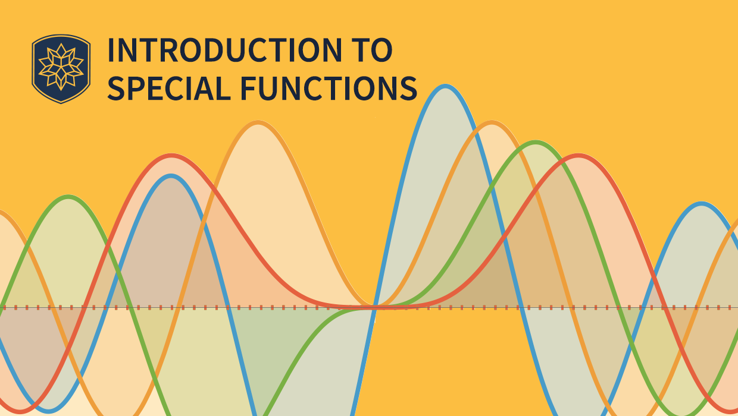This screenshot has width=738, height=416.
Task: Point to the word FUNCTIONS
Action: click(x=329, y=88)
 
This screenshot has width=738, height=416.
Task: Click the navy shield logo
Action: click(x=61, y=68)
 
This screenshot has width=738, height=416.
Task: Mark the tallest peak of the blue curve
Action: click(x=444, y=87)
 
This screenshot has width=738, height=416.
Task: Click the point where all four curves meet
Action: click(x=374, y=307)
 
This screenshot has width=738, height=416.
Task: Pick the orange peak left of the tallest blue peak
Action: click(x=258, y=123)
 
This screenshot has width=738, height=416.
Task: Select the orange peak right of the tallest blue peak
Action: click(x=492, y=123)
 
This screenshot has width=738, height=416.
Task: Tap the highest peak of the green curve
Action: click(x=536, y=143)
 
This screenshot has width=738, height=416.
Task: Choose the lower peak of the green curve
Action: click(x=69, y=197)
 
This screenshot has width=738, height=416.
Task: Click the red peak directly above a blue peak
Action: click(x=171, y=156)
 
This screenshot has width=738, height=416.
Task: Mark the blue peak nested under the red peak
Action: click(x=171, y=176)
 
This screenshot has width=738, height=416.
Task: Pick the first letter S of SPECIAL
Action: click(x=117, y=88)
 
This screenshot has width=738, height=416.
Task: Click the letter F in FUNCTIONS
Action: click(x=248, y=88)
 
